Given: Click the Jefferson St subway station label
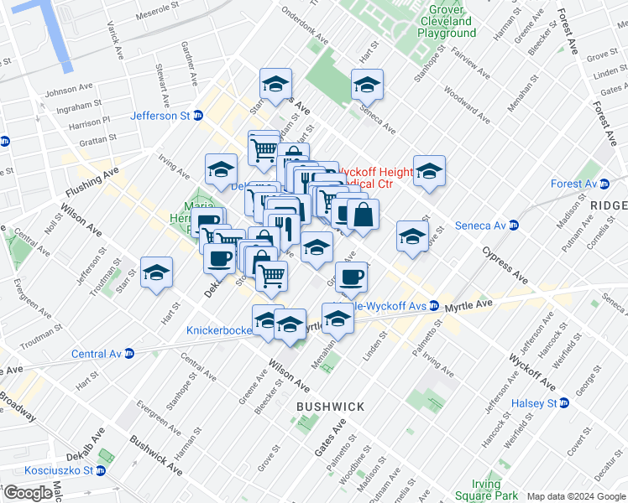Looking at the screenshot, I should pyautogui.click(x=160, y=117).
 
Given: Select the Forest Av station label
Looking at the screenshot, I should pyautogui.click(x=573, y=184).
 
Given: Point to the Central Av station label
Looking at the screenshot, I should pyautogui.click(x=97, y=354).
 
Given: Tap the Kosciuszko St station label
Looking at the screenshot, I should pyautogui.click(x=54, y=470).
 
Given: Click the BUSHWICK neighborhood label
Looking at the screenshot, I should pyautogui.click(x=330, y=407).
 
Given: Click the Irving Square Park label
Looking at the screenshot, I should pyautogui.click(x=471, y=490).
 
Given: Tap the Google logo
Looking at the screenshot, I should pyautogui.click(x=28, y=492).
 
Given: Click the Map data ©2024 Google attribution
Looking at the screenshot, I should pyautogui.click(x=576, y=496).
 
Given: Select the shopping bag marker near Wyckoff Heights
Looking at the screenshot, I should pyautogui.click(x=363, y=215).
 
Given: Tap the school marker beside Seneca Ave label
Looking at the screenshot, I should pyautogui.click(x=367, y=85).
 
